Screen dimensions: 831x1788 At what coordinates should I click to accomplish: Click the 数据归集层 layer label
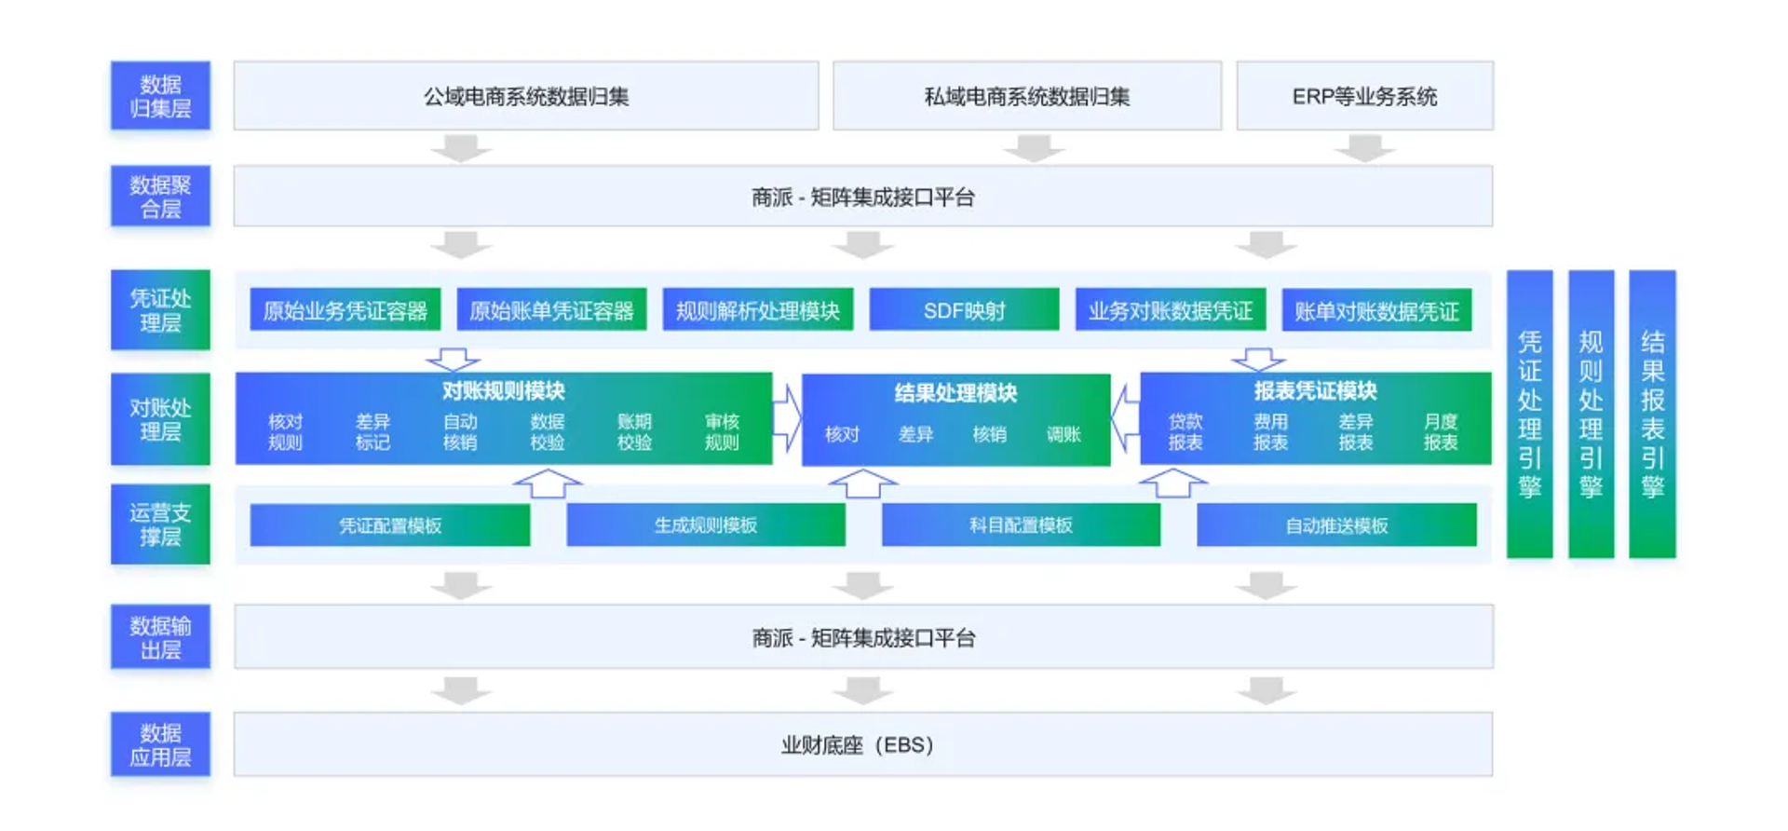click(x=160, y=96)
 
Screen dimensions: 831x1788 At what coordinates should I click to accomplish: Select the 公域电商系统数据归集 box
click(x=526, y=96)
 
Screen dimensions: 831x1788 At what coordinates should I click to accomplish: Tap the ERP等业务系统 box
click(x=1364, y=96)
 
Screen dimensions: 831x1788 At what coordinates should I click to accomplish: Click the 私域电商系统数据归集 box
click(x=1026, y=96)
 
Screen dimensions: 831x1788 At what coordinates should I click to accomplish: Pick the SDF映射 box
click(x=964, y=310)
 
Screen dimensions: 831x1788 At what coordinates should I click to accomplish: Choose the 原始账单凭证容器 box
click(x=551, y=310)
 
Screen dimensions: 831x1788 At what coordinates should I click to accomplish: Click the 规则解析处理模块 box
click(x=757, y=310)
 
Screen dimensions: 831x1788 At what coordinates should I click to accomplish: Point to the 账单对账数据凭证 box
click(x=1376, y=310)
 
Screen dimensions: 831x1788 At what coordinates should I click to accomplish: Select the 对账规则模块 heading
click(x=503, y=390)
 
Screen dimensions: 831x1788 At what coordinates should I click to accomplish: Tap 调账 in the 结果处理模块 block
click(x=1063, y=434)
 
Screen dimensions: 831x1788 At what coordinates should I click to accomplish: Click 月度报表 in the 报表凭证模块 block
click(x=1440, y=432)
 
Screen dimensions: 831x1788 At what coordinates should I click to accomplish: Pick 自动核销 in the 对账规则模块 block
click(x=460, y=432)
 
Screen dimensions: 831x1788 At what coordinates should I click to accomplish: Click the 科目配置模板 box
click(x=1021, y=525)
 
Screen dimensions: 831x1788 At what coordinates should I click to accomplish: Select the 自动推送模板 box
click(x=1336, y=525)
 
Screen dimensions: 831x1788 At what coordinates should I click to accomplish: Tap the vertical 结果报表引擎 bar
click(x=1652, y=415)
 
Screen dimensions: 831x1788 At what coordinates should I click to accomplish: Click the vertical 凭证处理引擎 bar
click(x=1529, y=415)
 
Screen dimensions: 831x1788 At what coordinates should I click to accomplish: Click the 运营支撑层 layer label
click(x=160, y=524)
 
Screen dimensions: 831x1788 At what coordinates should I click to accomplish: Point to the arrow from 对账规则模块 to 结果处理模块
click(x=787, y=418)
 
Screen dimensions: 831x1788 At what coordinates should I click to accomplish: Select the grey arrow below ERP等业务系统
click(x=1364, y=148)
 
